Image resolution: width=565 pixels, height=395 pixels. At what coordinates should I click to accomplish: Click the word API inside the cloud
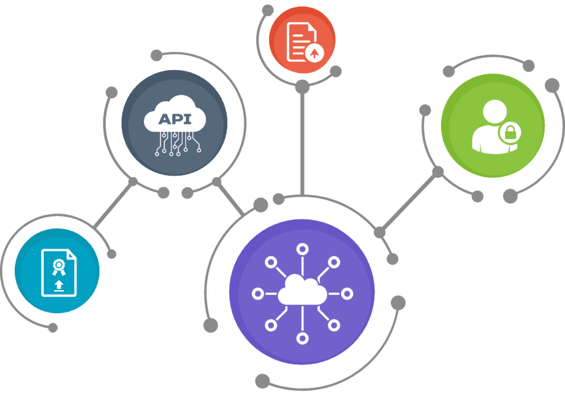tap(174, 119)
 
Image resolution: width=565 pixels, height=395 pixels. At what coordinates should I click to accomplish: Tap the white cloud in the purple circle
tap(301, 292)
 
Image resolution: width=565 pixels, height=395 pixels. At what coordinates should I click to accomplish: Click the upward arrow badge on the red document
tap(314, 52)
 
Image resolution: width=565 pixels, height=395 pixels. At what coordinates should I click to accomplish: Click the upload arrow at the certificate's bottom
tap(57, 286)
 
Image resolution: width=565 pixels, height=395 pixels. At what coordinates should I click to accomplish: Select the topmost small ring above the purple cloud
tap(302, 249)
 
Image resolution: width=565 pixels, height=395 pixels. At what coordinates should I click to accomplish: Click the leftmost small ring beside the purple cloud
tap(257, 293)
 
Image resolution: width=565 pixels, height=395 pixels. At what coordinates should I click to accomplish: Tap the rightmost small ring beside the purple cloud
tap(347, 293)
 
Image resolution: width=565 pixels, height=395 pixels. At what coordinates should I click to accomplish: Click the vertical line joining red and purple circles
tap(302, 144)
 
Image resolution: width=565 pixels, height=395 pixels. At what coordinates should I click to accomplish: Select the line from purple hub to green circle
tap(408, 202)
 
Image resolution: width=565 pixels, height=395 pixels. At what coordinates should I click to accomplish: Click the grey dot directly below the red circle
tap(302, 87)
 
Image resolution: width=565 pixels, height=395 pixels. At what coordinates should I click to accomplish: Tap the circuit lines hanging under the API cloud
tap(175, 143)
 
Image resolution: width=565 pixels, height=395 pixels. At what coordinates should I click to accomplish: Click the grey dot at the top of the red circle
tap(268, 10)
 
